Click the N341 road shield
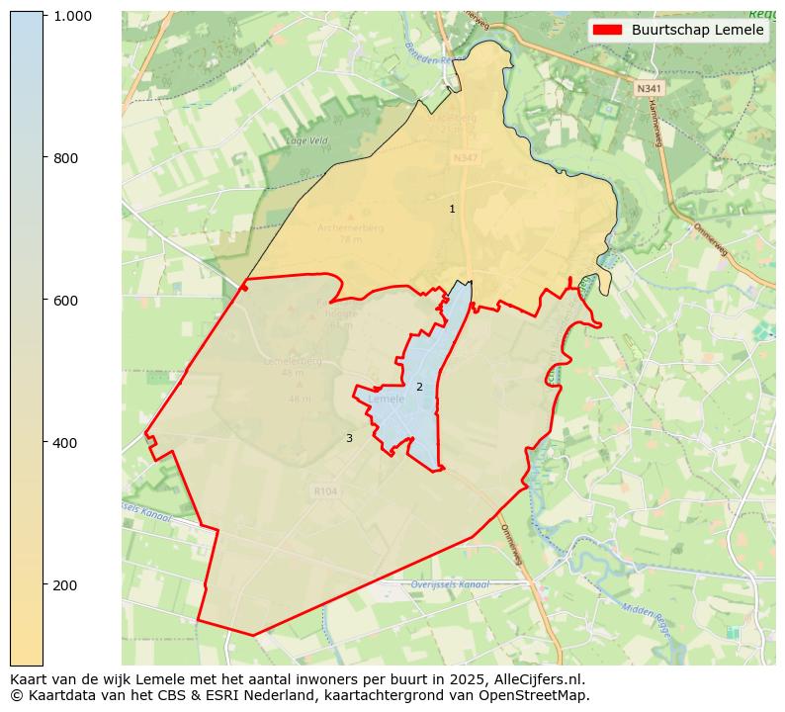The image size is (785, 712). coord(649,88)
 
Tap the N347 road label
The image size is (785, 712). coord(464,158)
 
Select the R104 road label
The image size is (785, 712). coord(324,490)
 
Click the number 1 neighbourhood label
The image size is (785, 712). coord(452,209)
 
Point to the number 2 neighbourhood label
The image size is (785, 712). coord(419,387)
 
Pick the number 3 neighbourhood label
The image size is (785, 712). coord(349,438)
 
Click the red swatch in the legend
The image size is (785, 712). coord(608,30)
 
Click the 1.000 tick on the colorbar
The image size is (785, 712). coord(73,16)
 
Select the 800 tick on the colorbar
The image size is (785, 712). coord(65,158)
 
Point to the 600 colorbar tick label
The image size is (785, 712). coord(65,301)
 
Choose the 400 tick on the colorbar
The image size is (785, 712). coord(65,442)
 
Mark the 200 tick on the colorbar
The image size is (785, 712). coord(65,584)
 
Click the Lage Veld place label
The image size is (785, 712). coord(306,140)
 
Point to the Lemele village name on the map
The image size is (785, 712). coord(387,399)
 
